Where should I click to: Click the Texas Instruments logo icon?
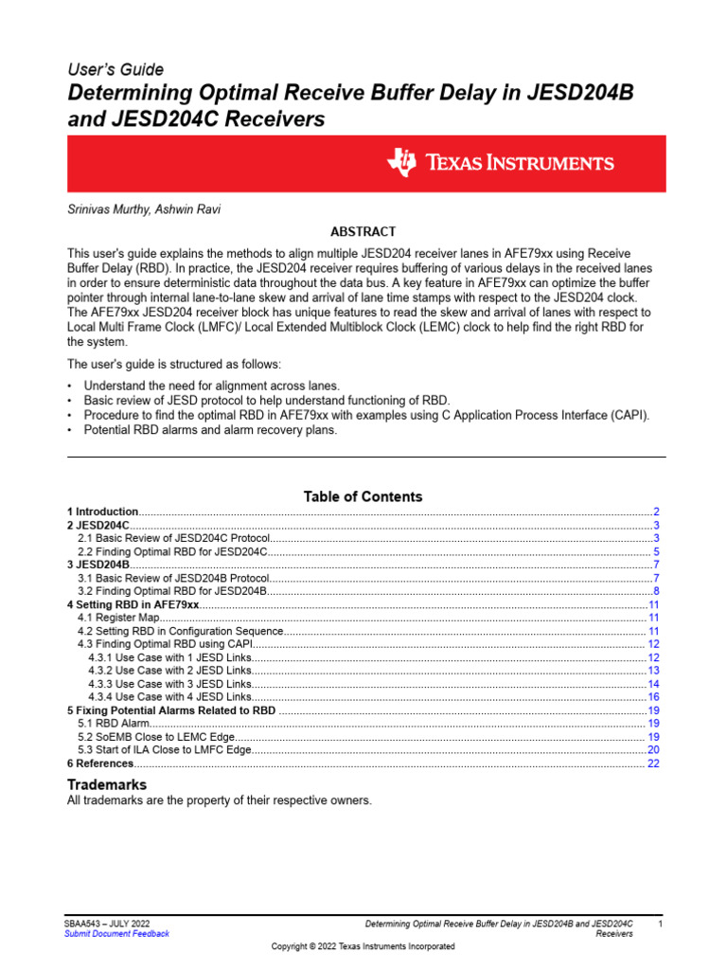(x=401, y=163)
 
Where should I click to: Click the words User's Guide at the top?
(x=115, y=69)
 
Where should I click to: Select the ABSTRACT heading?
(x=363, y=231)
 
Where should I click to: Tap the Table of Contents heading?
(x=363, y=496)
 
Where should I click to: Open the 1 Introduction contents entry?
(x=102, y=512)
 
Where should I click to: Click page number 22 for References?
(x=653, y=763)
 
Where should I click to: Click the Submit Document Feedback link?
(x=116, y=933)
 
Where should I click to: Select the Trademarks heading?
(x=106, y=785)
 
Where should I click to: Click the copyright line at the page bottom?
(x=363, y=946)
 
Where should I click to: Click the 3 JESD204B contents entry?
(x=98, y=565)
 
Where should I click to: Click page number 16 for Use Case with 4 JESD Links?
(x=653, y=697)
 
